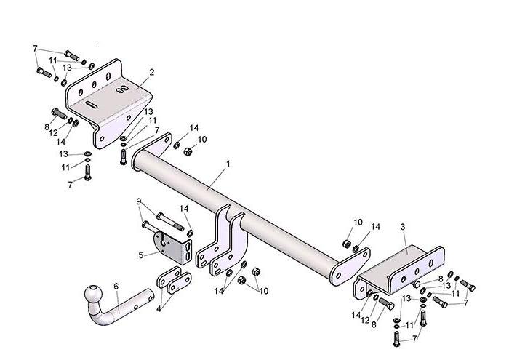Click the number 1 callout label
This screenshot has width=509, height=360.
pyautogui.click(x=228, y=164)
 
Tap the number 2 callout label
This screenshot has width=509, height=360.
pyautogui.click(x=152, y=72)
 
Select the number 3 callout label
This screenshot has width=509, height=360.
pyautogui.click(x=403, y=227)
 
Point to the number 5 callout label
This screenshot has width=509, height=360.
pyautogui.click(x=140, y=255)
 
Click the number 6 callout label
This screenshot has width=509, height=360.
pyautogui.click(x=116, y=287)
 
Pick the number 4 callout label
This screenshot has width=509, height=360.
pyautogui.click(x=159, y=308)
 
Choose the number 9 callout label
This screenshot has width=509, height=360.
pyautogui.click(x=139, y=201)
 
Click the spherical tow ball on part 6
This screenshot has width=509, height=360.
pyautogui.click(x=94, y=294)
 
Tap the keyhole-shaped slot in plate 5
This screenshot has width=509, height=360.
pyautogui.click(x=164, y=239)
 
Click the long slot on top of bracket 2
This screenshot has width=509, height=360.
pyautogui.click(x=92, y=104)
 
